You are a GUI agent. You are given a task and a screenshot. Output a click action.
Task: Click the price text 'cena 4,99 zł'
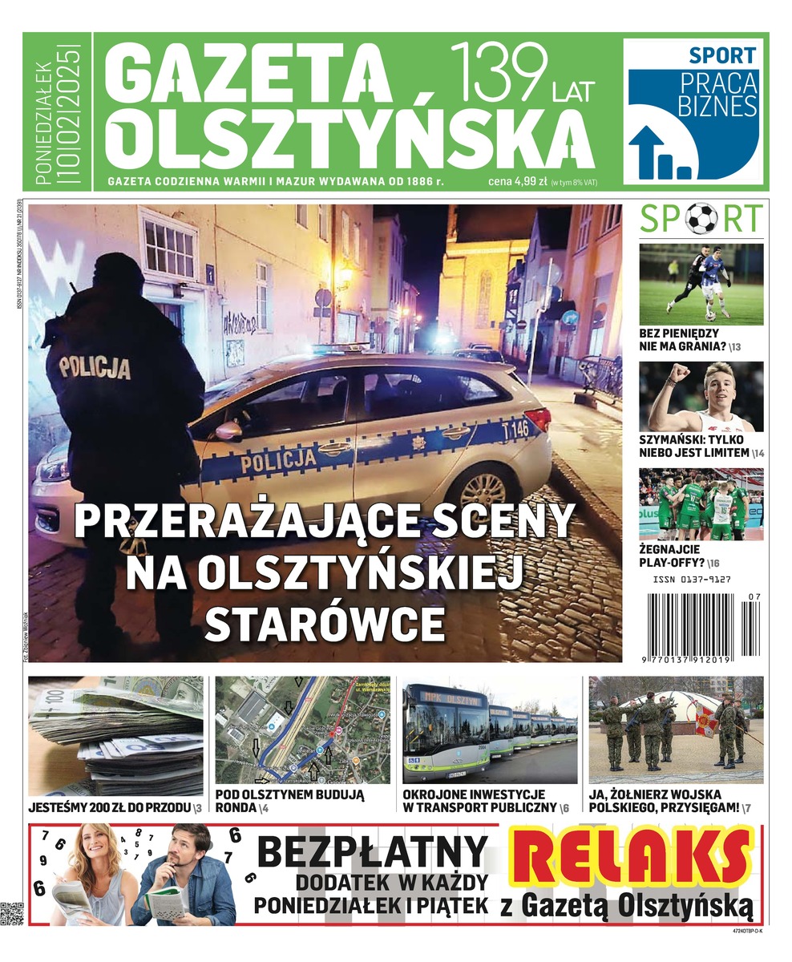pos(517,182)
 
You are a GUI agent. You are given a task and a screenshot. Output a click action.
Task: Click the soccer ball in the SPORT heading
pos(701,218)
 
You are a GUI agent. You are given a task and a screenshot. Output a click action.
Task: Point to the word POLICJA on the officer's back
pos(95,368)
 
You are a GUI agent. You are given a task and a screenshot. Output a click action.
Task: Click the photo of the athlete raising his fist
pos(701,397)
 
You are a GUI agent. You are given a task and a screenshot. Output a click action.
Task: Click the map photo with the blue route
pos(302,730)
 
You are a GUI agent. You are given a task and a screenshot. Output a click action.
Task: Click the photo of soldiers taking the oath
pos(676,730)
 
